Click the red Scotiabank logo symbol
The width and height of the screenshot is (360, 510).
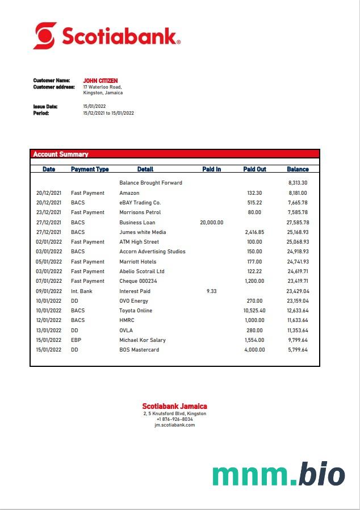coord(45,35)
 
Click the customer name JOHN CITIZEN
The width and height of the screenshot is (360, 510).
coord(101,81)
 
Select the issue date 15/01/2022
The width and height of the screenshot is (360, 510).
coord(94,106)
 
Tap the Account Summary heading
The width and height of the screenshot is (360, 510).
coord(61,154)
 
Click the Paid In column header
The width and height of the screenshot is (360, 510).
coord(211,169)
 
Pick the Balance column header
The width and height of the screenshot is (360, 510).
coord(298,169)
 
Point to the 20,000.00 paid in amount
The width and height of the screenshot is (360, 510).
coord(211,223)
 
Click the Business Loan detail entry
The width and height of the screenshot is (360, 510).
coord(137,223)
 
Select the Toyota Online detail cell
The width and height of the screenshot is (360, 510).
coord(136,311)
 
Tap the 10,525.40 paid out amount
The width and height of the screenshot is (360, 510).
coord(254,311)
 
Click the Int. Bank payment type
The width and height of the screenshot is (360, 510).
coord(81,291)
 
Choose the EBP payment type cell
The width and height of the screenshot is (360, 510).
coord(76,340)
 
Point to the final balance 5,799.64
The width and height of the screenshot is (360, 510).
coord(298,350)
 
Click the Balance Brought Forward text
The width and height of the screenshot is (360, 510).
coord(150,183)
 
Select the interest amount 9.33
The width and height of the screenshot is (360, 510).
coord(211,291)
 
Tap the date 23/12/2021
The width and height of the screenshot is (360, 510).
coord(49,212)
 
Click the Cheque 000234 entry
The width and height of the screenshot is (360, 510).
coord(138,281)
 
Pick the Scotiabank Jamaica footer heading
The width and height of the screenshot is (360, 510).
coord(174,406)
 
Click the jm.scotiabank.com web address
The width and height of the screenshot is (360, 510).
coord(174,425)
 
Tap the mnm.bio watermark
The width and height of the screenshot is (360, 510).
coord(279,475)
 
